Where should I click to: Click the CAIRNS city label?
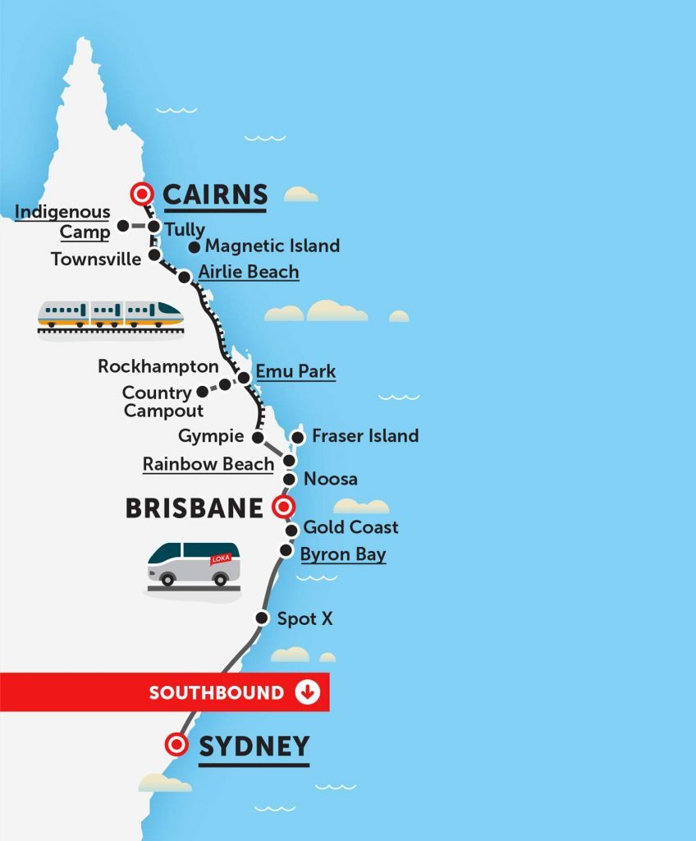[215, 195]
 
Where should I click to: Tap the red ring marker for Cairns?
[144, 194]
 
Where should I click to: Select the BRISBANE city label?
[194, 508]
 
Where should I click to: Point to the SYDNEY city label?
[254, 747]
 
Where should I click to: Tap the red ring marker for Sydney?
[175, 745]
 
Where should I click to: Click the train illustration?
[110, 315]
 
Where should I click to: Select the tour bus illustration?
[194, 564]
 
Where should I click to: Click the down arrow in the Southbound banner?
[307, 692]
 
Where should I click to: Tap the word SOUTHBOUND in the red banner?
[216, 692]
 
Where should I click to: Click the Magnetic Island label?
[272, 246]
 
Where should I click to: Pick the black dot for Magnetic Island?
[195, 246]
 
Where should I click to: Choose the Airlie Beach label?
[249, 272]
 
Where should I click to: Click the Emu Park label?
[295, 371]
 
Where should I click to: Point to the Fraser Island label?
[365, 435]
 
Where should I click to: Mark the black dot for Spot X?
[262, 618]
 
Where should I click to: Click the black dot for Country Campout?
[202, 393]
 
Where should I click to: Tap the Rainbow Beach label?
[208, 463]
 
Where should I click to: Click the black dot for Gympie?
[258, 437]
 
